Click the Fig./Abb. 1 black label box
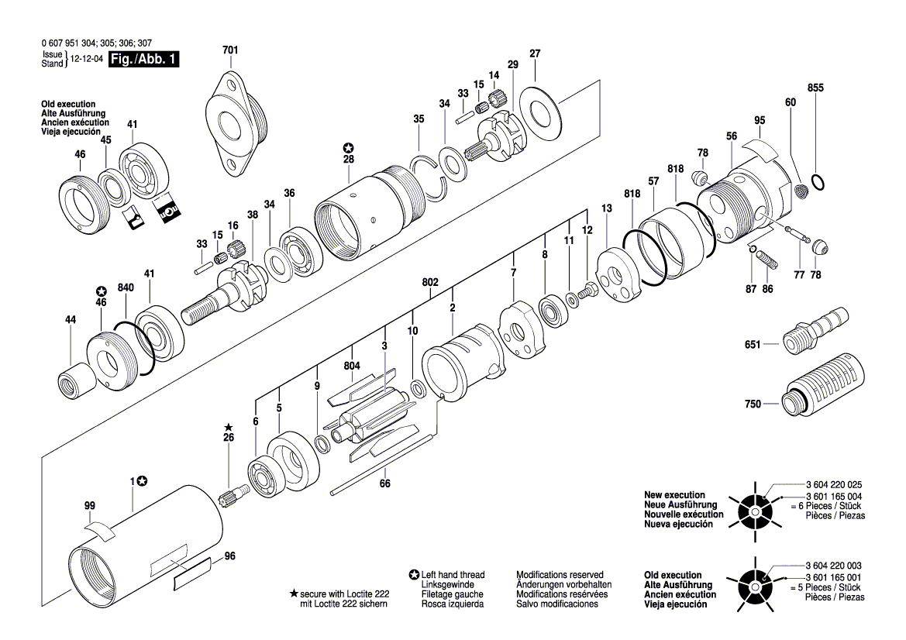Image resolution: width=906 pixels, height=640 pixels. (x=144, y=59)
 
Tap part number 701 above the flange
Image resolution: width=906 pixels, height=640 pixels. (x=230, y=50)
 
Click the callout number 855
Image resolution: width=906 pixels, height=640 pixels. (x=815, y=88)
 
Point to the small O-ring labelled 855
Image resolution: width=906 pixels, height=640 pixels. (x=818, y=182)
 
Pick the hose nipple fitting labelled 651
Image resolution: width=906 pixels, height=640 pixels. (x=816, y=330)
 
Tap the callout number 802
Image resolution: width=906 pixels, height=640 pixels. (x=430, y=283)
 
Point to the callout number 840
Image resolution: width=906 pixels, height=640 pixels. (x=126, y=287)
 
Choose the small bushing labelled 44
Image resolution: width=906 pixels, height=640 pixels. (x=78, y=382)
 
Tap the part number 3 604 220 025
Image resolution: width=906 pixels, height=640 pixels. (x=834, y=485)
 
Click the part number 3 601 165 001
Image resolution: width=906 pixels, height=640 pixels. (x=834, y=577)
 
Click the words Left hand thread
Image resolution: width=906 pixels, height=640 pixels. (x=453, y=575)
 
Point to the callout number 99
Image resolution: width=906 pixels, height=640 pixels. (x=90, y=505)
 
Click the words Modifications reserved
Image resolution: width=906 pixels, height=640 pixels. (x=560, y=575)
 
